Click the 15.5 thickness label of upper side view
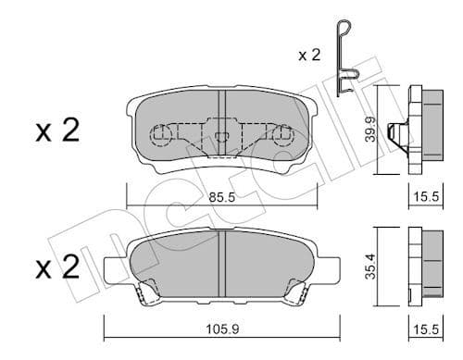point(424,197)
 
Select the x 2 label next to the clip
point(310,56)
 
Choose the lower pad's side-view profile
point(422,266)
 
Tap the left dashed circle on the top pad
point(163,138)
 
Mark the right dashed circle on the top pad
point(282,138)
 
